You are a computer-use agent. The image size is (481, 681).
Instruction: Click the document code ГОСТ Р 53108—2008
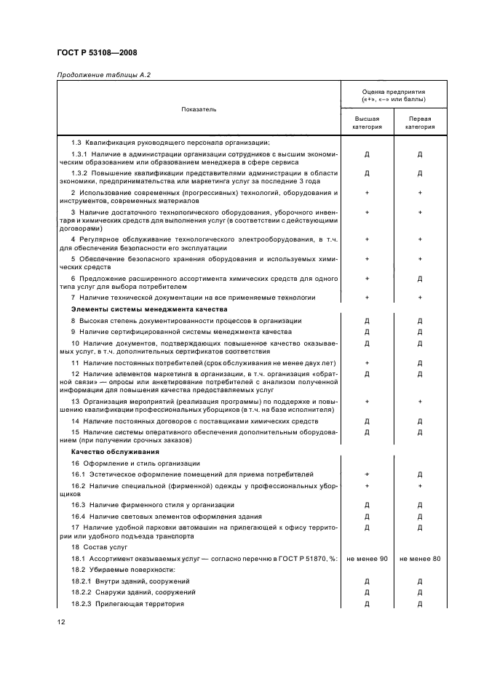97,52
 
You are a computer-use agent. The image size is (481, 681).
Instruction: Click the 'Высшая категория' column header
367,122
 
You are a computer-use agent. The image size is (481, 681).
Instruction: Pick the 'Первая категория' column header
420,122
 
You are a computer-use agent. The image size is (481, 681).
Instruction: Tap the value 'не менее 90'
367,558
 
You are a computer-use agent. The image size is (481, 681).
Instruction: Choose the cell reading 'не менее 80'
420,558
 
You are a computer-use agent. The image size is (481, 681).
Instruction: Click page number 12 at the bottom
61,621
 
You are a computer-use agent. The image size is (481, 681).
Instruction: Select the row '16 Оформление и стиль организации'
135,463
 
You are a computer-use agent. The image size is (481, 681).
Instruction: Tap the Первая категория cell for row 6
420,279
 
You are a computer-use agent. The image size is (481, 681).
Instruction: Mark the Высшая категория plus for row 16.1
367,474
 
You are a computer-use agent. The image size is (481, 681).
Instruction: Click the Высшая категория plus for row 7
367,298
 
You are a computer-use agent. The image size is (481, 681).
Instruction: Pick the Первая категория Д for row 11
420,362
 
